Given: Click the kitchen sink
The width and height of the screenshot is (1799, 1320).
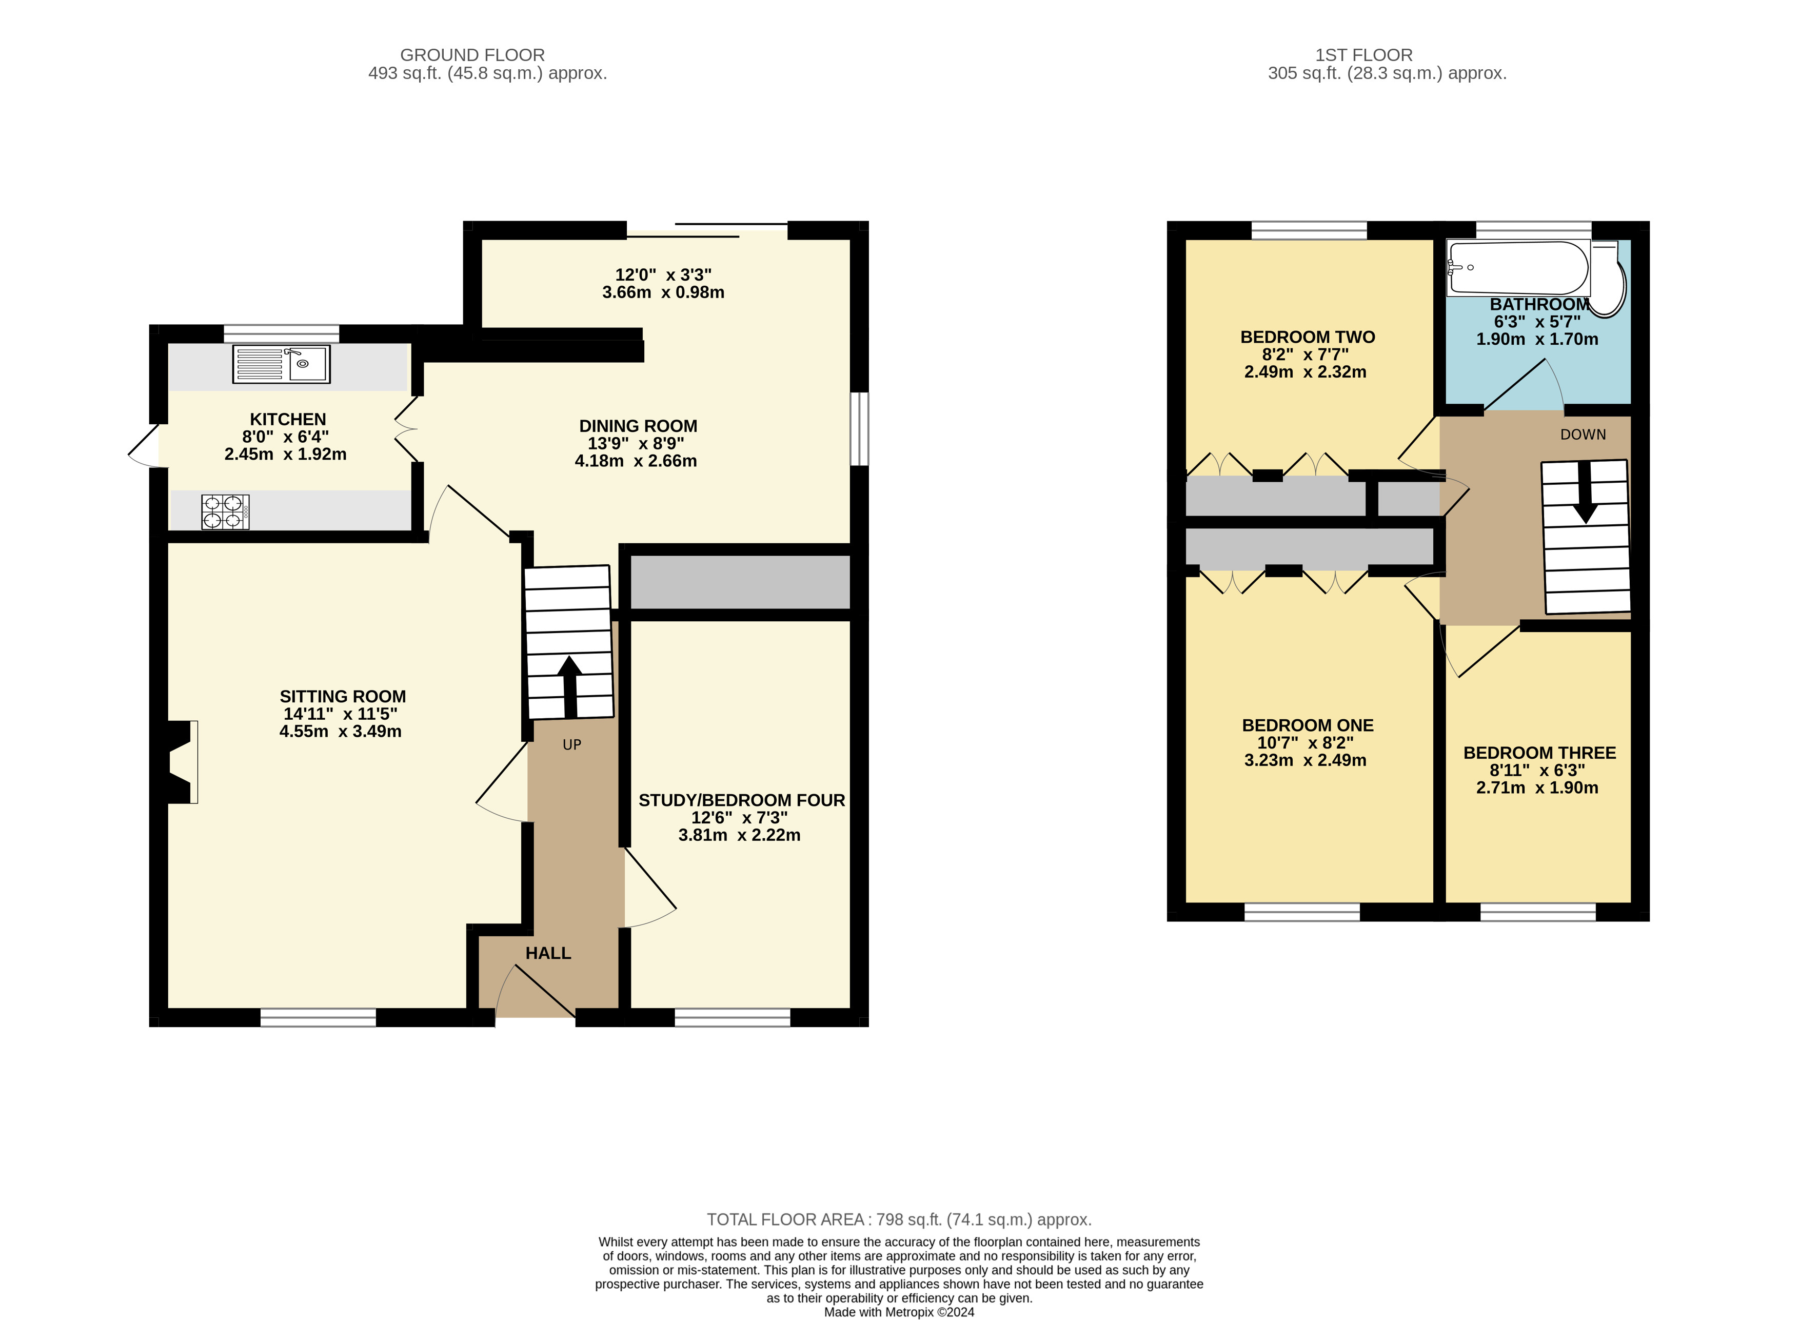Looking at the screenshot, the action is [x=281, y=364].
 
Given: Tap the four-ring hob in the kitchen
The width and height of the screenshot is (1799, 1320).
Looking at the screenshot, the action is [x=225, y=512].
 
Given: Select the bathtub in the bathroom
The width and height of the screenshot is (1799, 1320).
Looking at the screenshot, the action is [x=1518, y=268].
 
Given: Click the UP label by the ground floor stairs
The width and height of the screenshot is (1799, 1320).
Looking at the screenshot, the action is [x=572, y=745].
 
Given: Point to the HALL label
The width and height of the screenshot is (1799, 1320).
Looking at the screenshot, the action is [x=548, y=953].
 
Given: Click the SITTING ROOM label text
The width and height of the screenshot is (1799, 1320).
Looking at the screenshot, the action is [x=343, y=697].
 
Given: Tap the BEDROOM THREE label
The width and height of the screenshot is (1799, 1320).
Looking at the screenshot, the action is [x=1539, y=753].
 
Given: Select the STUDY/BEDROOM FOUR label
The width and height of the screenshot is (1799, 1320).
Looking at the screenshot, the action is [x=741, y=800].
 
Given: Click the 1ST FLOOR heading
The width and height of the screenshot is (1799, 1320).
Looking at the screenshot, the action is [x=1363, y=55].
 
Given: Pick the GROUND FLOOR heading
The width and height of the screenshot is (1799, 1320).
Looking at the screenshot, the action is [x=472, y=55].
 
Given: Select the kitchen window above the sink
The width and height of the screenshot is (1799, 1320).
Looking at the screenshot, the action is [x=281, y=334].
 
